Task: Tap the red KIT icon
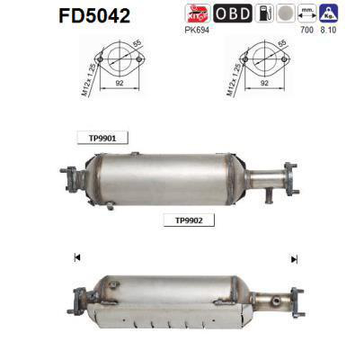[196, 13]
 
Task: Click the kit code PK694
[197, 30]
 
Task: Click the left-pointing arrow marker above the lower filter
[76, 259]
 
